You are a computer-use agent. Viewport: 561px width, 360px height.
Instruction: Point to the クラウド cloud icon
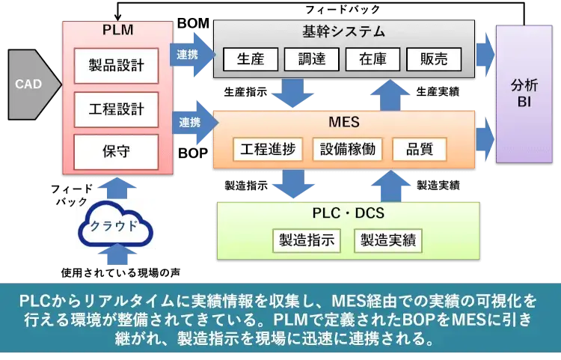[x=113, y=225]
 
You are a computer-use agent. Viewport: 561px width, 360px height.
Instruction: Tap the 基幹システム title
[x=343, y=31]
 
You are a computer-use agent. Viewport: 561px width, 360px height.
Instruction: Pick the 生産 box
[x=250, y=59]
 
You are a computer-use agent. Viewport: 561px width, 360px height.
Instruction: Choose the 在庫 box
[x=372, y=59]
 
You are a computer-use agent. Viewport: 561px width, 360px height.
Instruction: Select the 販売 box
[x=433, y=59]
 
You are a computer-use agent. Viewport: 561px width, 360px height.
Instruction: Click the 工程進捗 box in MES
[x=268, y=149]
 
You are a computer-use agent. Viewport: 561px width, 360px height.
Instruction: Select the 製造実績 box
[x=388, y=240]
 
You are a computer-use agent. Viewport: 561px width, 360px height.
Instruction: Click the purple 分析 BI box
[x=523, y=93]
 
